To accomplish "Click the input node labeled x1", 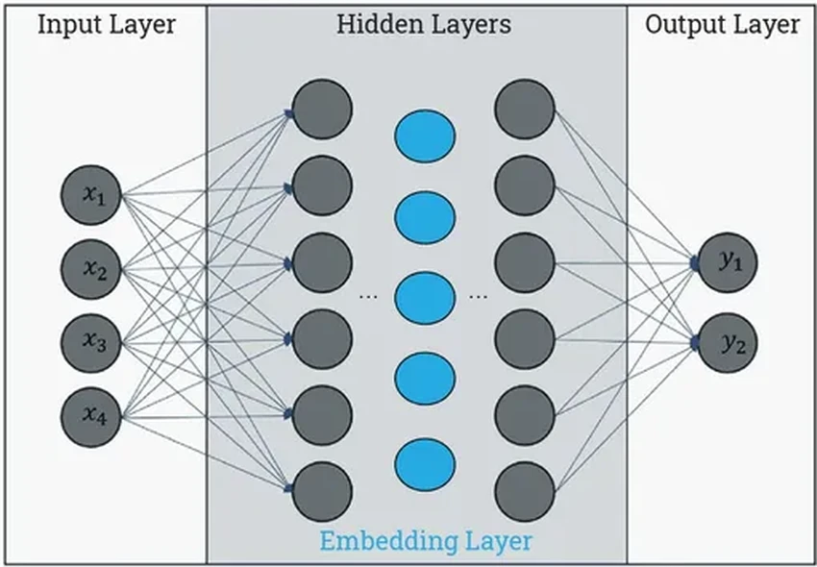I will coord(89,196).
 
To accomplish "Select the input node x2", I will coord(89,269).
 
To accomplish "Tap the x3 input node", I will coord(89,342).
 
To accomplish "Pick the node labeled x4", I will coord(89,415).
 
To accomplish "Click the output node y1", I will coord(728,261).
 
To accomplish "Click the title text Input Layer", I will coord(107,25).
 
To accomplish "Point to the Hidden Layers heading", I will coord(423,25).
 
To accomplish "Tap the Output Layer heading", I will coord(722,25).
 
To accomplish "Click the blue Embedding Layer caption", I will coord(425,540).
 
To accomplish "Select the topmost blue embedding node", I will coord(424,136).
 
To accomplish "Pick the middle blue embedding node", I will coord(424,298).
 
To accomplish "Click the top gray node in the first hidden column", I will coord(322,109).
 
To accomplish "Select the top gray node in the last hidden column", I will coord(525,109).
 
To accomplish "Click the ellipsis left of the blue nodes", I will coord(367,298).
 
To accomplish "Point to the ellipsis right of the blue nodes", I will coord(477,298).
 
